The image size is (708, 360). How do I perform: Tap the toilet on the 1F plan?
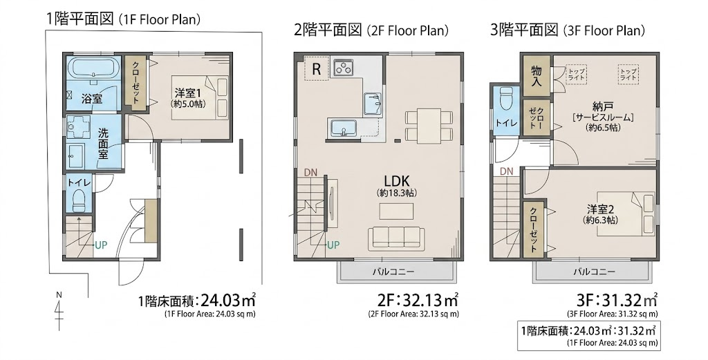[80, 200]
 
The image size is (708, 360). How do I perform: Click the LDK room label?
[396, 181]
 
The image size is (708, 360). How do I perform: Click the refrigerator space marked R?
[317, 69]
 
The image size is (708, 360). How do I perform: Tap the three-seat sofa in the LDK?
[396, 238]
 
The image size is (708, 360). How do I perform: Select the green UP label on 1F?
[101, 245]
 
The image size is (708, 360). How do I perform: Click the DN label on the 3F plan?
[507, 171]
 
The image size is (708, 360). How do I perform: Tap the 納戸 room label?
[602, 107]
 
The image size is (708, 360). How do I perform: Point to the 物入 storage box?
[537, 75]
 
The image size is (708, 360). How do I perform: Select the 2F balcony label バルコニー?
[393, 272]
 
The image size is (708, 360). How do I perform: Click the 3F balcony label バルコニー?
[594, 272]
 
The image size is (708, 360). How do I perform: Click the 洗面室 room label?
[104, 144]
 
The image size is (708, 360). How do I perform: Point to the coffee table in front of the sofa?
[396, 211]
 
